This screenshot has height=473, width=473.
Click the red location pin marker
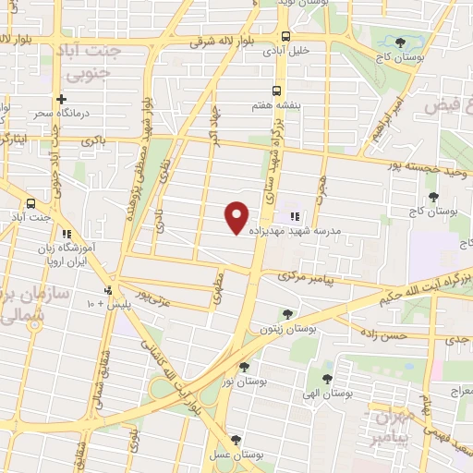point(237,217)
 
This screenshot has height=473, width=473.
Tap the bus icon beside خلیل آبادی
point(285,37)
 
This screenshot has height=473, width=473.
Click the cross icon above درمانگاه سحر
point(62,99)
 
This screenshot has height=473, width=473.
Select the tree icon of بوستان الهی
point(325,377)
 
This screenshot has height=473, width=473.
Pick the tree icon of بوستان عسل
point(236,440)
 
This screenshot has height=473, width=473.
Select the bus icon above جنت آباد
point(31,203)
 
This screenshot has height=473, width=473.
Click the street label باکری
point(93,141)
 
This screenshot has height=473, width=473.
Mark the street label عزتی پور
point(153,297)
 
